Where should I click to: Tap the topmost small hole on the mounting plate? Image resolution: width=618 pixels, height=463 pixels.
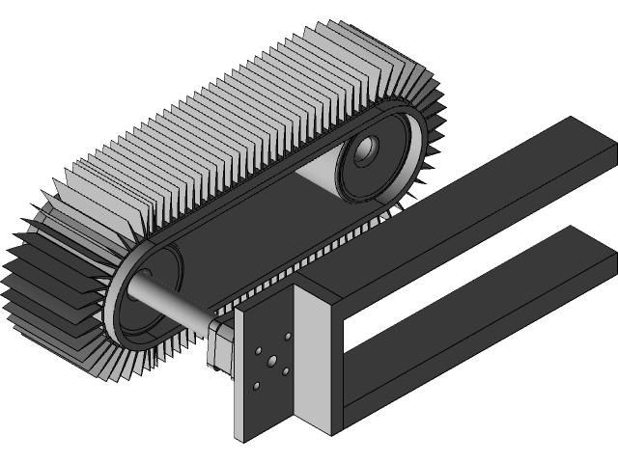coord(286,337)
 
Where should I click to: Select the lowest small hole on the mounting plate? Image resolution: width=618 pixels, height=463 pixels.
coord(256,386)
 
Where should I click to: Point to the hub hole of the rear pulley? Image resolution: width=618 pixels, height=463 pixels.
coord(368,150)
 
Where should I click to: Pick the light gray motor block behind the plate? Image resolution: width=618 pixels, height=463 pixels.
coord(219,347)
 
